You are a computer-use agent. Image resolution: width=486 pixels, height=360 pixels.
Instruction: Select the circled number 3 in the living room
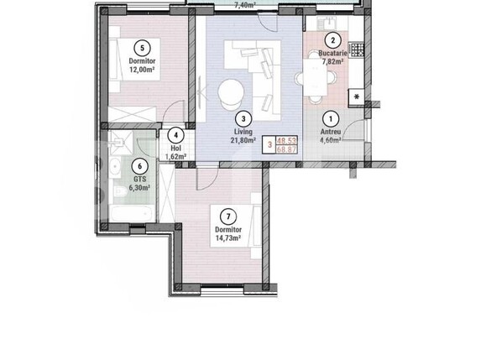[x=242, y=119]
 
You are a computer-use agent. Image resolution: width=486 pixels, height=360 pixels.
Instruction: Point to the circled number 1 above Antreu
[x=331, y=119]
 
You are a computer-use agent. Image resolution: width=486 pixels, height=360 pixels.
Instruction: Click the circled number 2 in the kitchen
[x=332, y=40]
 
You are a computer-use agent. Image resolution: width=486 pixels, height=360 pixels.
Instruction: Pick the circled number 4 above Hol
[x=175, y=134]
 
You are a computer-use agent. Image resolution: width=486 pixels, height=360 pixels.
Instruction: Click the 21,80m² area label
[x=242, y=140]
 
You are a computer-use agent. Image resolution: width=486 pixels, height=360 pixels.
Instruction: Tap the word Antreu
[x=330, y=132]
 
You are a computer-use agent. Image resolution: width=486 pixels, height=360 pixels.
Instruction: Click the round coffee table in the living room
[x=230, y=91]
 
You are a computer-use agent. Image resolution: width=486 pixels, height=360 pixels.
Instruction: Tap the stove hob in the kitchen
[x=358, y=50]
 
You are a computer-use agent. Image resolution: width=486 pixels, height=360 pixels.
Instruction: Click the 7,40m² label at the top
[x=244, y=4]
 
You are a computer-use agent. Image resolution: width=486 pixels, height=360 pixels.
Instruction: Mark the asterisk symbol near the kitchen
[x=358, y=98]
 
